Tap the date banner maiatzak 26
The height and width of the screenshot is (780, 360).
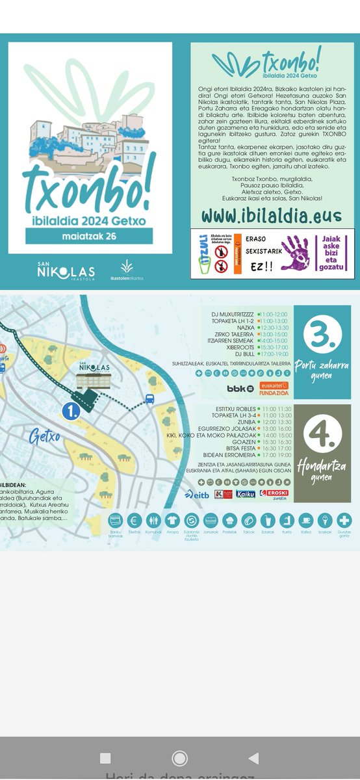tap(90, 235)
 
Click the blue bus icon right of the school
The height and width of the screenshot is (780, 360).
tap(149, 398)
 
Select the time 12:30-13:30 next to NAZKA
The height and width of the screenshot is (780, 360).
tap(275, 328)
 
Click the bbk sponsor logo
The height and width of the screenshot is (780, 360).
tap(239, 388)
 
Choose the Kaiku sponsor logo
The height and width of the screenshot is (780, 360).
tap(246, 493)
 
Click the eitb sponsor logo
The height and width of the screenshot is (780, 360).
tap(198, 493)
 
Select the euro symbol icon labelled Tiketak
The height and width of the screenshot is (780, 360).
tap(135, 520)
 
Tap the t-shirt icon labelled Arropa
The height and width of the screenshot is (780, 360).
tap(172, 520)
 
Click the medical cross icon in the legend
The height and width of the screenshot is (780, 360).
tap(344, 520)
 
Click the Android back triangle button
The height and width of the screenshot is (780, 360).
tap(254, 757)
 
